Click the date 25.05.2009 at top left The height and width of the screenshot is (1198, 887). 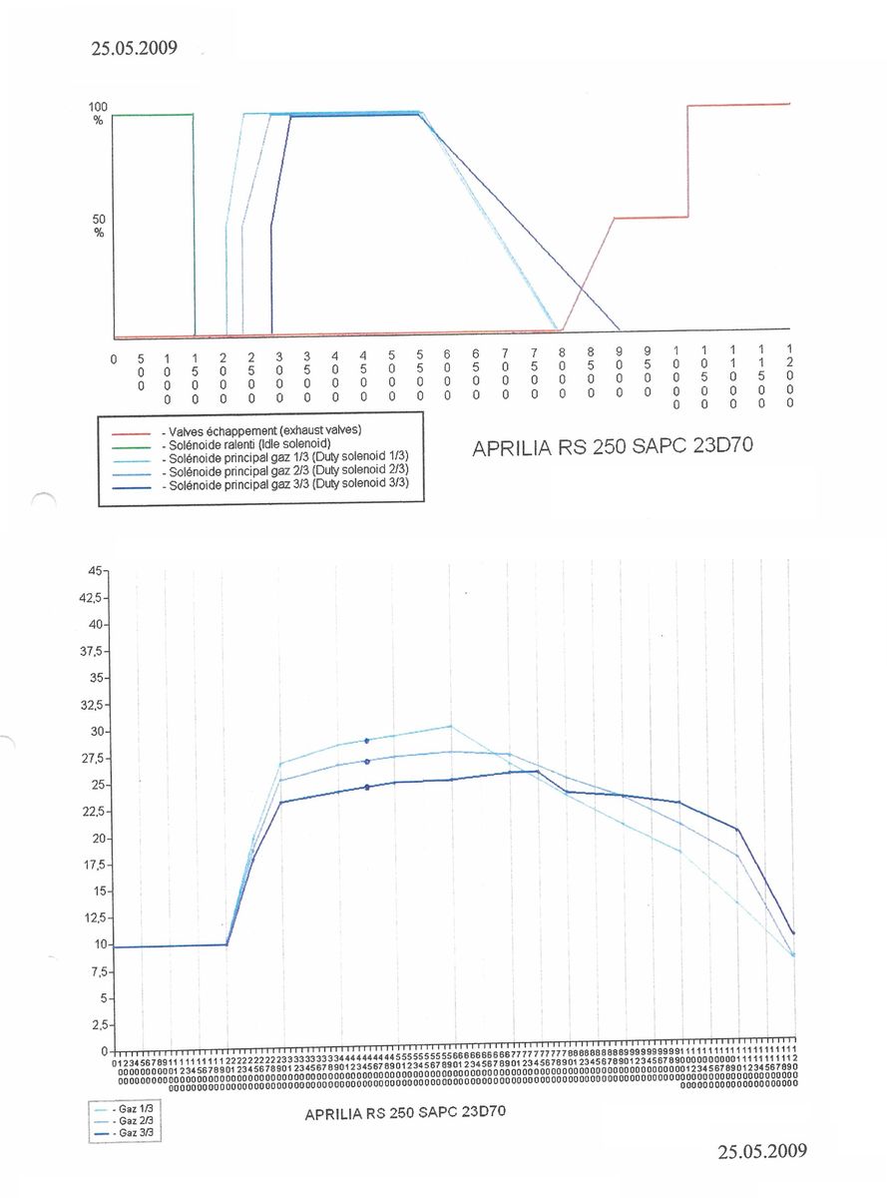134,48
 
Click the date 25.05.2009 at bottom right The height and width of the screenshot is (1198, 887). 761,1151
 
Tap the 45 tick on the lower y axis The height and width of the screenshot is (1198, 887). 94,571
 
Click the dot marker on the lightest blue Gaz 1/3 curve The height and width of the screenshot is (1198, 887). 368,741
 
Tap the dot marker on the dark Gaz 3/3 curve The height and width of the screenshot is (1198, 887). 368,788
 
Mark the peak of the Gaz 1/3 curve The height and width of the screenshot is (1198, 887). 450,726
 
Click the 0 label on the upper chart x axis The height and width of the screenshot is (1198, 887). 114,356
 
